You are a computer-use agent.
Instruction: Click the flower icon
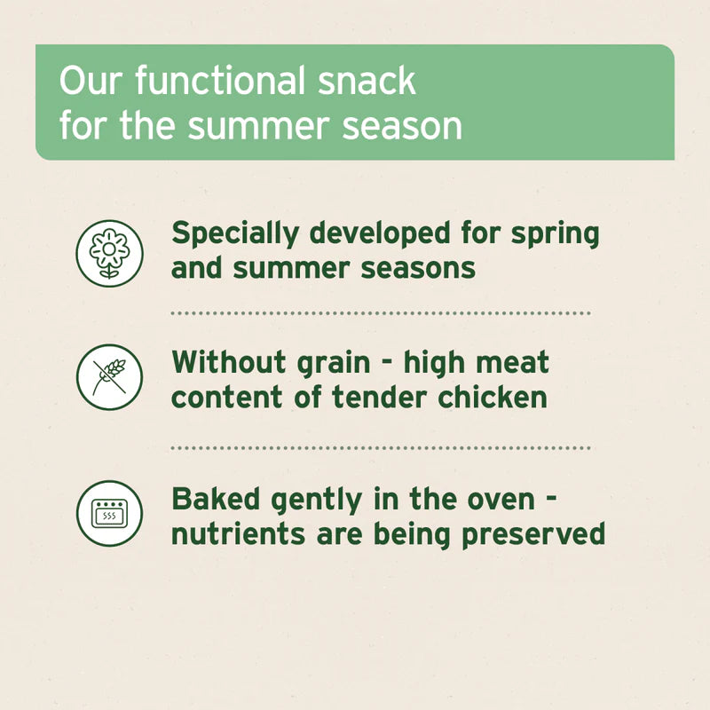coord(109,253)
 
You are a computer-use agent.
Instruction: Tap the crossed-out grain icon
coord(109,377)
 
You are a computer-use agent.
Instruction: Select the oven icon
coord(109,512)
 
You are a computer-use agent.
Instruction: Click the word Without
coord(230,362)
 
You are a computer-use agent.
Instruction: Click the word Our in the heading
coord(87,82)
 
